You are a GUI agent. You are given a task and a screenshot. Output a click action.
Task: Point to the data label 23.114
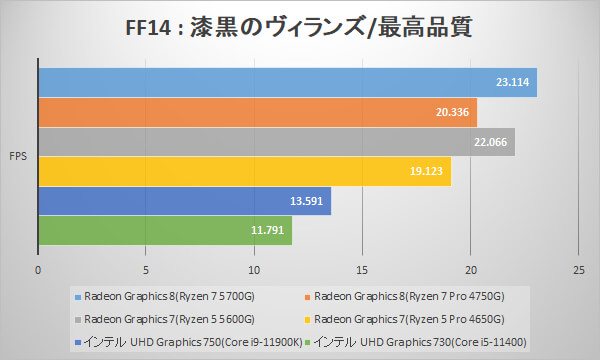512,83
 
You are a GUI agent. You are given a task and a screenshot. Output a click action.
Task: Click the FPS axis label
18,157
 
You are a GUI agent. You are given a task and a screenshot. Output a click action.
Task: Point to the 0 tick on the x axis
38,269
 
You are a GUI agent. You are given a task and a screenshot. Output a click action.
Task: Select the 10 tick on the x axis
254,269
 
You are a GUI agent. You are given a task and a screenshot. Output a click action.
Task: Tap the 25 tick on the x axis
578,269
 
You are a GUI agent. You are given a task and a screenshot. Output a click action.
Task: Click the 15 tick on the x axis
362,269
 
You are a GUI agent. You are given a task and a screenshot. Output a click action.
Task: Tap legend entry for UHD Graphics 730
420,342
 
